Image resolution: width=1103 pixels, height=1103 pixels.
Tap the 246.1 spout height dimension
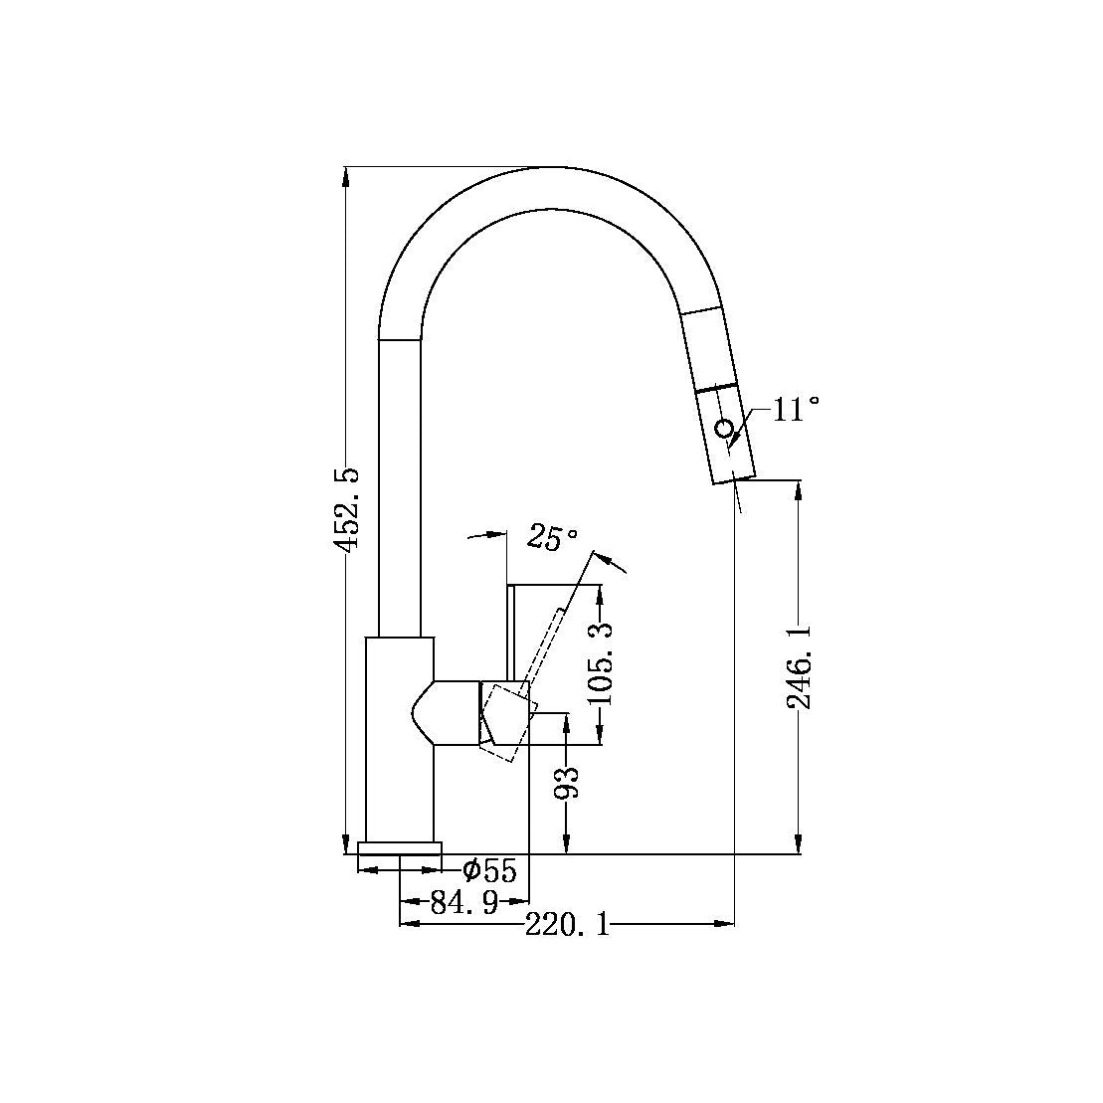(799, 666)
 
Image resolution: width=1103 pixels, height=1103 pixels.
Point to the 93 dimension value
(566, 784)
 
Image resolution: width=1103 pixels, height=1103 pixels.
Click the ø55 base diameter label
(490, 871)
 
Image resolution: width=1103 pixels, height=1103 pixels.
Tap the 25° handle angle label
(553, 538)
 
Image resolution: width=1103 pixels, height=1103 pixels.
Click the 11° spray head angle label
(796, 409)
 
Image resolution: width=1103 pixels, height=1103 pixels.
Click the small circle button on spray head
(725, 430)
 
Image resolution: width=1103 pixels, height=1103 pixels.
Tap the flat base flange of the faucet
(400, 847)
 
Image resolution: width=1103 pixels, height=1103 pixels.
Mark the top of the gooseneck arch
(557, 169)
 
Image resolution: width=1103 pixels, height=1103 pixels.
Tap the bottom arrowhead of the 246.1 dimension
(799, 844)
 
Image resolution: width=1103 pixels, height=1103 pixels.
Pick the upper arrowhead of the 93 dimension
(566, 721)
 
